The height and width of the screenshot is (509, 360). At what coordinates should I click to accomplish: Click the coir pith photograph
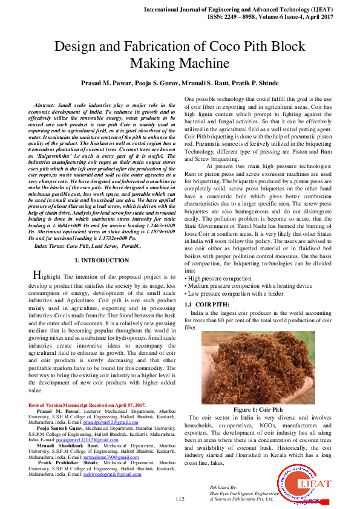254,367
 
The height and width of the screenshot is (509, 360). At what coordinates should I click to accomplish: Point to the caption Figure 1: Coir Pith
254,409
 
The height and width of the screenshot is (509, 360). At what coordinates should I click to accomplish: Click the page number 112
180,499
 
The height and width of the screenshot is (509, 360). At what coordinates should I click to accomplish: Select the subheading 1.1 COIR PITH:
207,304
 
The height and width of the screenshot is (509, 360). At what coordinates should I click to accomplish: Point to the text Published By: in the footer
224,487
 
